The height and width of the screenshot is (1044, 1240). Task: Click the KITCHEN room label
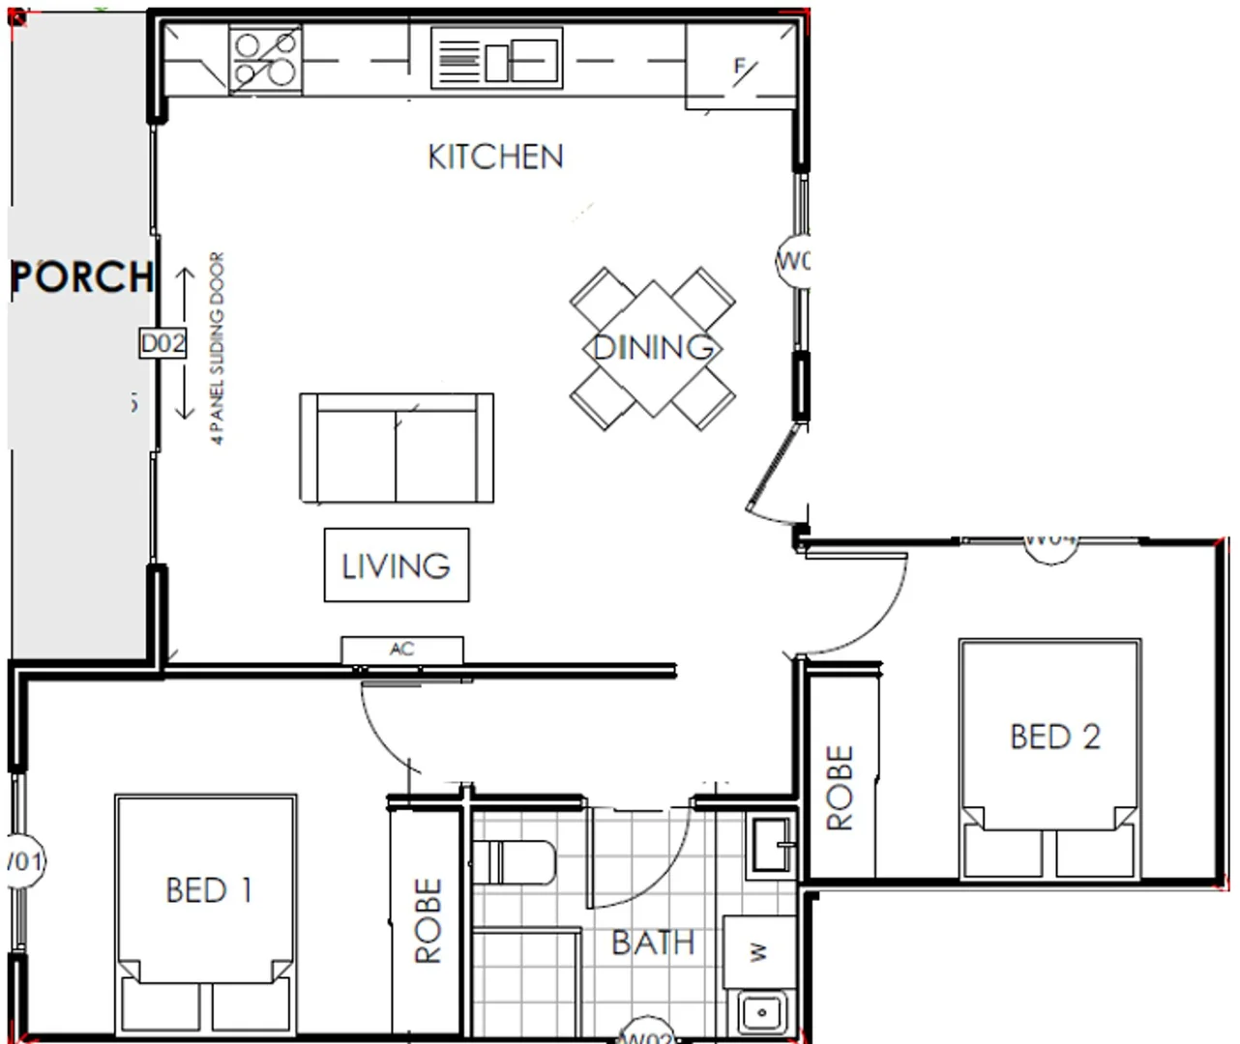tap(495, 157)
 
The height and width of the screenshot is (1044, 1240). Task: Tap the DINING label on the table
tap(653, 347)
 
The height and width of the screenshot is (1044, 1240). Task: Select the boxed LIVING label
tap(397, 565)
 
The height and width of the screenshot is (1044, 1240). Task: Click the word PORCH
tap(82, 277)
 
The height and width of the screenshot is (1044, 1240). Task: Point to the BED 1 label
tap(209, 889)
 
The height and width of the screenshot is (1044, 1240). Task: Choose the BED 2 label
tap(1055, 737)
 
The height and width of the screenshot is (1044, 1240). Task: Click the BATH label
tap(653, 942)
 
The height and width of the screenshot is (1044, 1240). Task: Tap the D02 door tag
tap(162, 343)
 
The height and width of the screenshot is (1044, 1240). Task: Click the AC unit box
tap(402, 650)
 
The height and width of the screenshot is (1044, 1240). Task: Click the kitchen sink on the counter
tap(496, 59)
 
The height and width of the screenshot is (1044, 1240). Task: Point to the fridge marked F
tap(741, 68)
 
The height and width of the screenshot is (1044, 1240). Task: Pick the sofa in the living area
tap(397, 448)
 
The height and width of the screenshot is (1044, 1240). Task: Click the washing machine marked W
tap(759, 952)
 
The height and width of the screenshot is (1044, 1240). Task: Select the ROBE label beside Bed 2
tap(840, 787)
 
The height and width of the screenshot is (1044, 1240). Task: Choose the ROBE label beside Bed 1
tap(428, 920)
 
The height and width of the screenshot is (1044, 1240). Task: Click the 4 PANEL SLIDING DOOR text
tap(218, 348)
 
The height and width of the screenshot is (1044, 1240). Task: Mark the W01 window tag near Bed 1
tap(23, 860)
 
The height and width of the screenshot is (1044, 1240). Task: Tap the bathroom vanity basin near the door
tap(771, 846)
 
